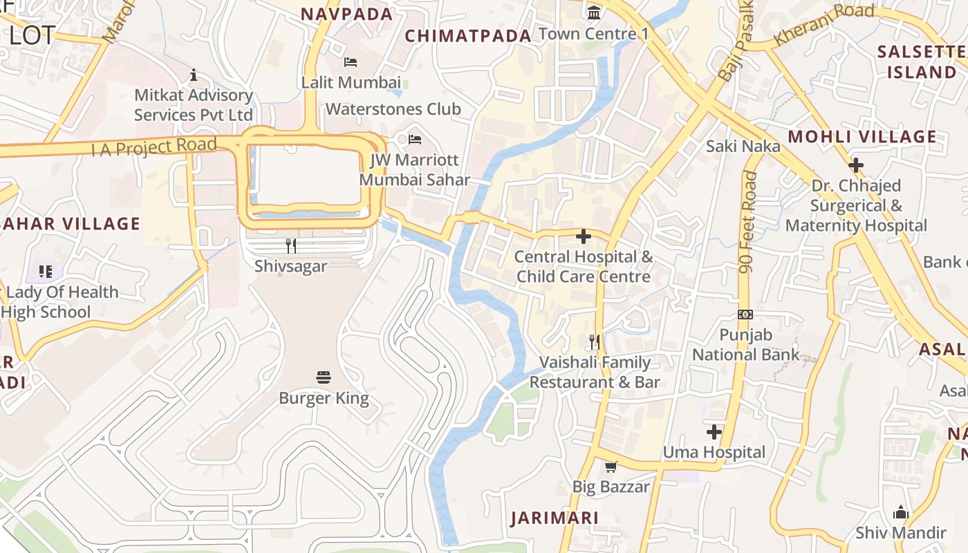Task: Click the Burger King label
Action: coord(324,398)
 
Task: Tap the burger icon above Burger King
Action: coord(324,377)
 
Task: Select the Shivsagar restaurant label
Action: coord(290,266)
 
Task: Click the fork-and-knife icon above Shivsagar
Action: coord(291,245)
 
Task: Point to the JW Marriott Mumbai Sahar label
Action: coord(414,170)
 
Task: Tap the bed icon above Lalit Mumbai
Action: coord(351,62)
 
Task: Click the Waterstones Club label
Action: coord(393,109)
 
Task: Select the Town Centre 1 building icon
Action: coord(593,12)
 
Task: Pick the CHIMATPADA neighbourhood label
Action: coord(468,36)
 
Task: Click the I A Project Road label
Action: coord(154,147)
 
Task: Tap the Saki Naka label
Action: coord(743,146)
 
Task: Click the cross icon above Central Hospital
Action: coord(584,236)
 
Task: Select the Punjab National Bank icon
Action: coord(745,314)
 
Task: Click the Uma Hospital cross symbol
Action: coord(714,432)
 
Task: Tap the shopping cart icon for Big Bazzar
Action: coord(611,467)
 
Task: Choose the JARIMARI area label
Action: coord(554,518)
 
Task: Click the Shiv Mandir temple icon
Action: coord(900,512)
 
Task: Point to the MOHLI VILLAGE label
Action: coord(862,136)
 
